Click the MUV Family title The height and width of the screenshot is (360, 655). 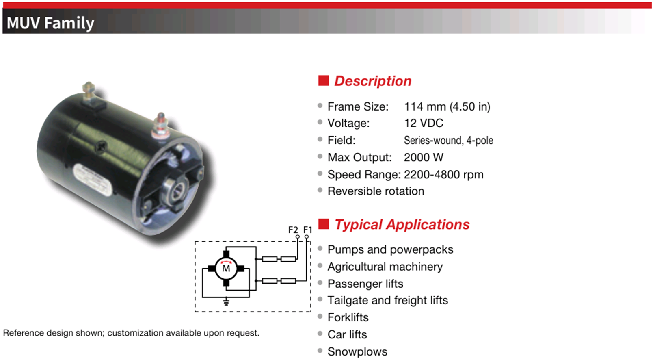pyautogui.click(x=50, y=23)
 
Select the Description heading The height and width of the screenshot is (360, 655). pyautogui.click(x=373, y=81)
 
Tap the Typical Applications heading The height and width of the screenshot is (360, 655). pyautogui.click(x=402, y=225)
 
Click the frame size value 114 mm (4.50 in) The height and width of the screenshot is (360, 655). pyautogui.click(x=447, y=107)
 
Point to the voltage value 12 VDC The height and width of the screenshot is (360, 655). pyautogui.click(x=424, y=123)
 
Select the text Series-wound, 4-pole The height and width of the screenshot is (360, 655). pyautogui.click(x=449, y=141)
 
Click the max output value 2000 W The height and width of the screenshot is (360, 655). pyautogui.click(x=424, y=158)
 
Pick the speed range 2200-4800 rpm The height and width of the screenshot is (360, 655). pyautogui.click(x=443, y=175)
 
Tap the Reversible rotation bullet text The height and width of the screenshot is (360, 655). pyautogui.click(x=376, y=191)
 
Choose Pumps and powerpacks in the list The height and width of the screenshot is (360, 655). pyautogui.click(x=390, y=249)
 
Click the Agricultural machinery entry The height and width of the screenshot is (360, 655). pyautogui.click(x=385, y=267)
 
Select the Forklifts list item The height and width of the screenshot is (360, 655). pyautogui.click(x=348, y=318)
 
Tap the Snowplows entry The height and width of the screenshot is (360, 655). pyautogui.click(x=357, y=352)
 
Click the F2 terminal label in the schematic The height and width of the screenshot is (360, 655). pyautogui.click(x=293, y=230)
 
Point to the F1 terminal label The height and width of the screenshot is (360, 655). pyautogui.click(x=308, y=230)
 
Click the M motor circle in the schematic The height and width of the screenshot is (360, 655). pyautogui.click(x=226, y=269)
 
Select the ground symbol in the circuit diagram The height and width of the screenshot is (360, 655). pyautogui.click(x=226, y=301)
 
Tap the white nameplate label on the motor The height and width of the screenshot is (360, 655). pyautogui.click(x=92, y=180)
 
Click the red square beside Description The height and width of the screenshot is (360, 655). pyautogui.click(x=323, y=81)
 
